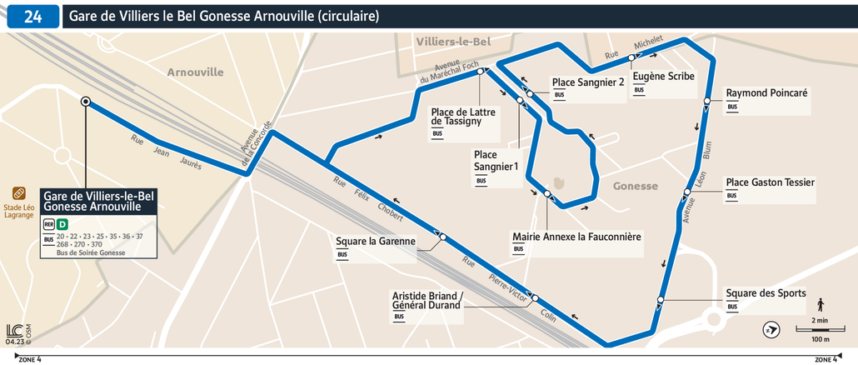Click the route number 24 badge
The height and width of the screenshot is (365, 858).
pyautogui.click(x=33, y=17)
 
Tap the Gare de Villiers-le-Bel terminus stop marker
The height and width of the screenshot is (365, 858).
pyautogui.click(x=86, y=102)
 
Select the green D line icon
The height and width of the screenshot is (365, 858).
pyautogui.click(x=62, y=224)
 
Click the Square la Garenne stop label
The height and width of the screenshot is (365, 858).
pyautogui.click(x=375, y=242)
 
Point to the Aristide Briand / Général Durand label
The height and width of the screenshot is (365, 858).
pyautogui.click(x=427, y=300)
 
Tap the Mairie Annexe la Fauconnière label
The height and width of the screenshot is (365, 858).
pyautogui.click(x=576, y=237)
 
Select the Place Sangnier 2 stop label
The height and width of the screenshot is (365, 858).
pyautogui.click(x=587, y=82)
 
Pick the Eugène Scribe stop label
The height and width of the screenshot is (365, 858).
pyautogui.click(x=663, y=76)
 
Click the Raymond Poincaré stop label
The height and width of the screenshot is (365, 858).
pyautogui.click(x=766, y=93)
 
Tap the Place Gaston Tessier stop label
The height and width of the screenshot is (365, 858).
pyautogui.click(x=770, y=182)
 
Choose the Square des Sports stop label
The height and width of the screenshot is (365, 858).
pyautogui.click(x=766, y=293)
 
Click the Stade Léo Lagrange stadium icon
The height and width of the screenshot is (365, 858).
pyautogui.click(x=19, y=193)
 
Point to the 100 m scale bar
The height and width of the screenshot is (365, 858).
pyautogui.click(x=821, y=330)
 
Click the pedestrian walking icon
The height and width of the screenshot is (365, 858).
pyautogui.click(x=821, y=304)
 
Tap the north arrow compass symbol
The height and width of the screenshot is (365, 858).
pyautogui.click(x=771, y=331)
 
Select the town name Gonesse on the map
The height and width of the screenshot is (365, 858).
pyautogui.click(x=635, y=187)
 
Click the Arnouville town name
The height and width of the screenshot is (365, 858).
pyautogui.click(x=195, y=72)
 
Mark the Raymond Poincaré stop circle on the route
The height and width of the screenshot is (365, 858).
pyautogui.click(x=706, y=102)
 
